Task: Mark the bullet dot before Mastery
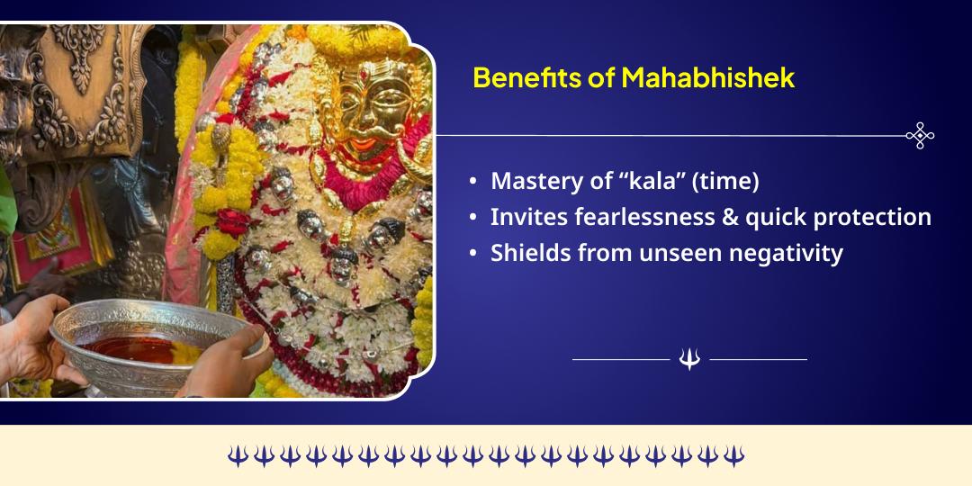coord(473,182)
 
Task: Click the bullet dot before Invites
coord(473,218)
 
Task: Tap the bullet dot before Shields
coord(473,254)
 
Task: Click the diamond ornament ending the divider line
coord(920,135)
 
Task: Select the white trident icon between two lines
coord(689,359)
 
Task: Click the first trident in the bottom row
coord(237,455)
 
